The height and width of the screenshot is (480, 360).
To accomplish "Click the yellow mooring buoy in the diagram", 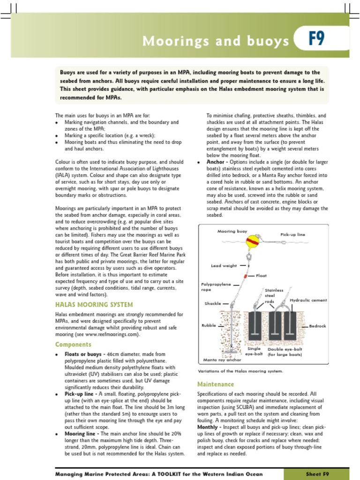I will pyautogui.click(x=253, y=242).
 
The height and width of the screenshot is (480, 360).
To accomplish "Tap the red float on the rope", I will pyautogui.click(x=245, y=276).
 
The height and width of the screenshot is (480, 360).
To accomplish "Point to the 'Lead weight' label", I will pyautogui.click(x=224, y=266).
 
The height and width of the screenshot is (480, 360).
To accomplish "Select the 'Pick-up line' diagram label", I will pyautogui.click(x=292, y=234).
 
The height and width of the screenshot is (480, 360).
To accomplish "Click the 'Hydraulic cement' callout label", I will pyautogui.click(x=308, y=300).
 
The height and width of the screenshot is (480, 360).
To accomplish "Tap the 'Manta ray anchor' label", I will pyautogui.click(x=222, y=360).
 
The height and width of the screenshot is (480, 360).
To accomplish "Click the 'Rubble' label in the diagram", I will pyautogui.click(x=209, y=325).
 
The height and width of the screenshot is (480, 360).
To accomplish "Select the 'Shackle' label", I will pyautogui.click(x=212, y=303).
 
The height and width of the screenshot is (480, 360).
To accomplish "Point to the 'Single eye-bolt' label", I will pyautogui.click(x=254, y=352).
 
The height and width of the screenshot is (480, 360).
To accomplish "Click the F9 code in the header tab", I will pyautogui.click(x=316, y=39).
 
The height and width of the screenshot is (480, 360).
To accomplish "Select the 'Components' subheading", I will pyautogui.click(x=73, y=345).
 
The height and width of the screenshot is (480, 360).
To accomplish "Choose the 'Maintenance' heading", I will pyautogui.click(x=215, y=384).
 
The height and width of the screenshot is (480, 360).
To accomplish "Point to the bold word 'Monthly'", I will pyautogui.click(x=207, y=427).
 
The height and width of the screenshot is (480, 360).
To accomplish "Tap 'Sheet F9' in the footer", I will pyautogui.click(x=317, y=474).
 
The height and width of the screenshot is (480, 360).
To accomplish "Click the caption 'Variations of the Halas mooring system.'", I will pyautogui.click(x=240, y=371).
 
